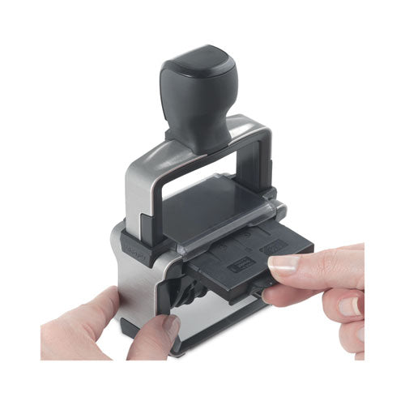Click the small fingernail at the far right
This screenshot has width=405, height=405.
click(x=348, y=306)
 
